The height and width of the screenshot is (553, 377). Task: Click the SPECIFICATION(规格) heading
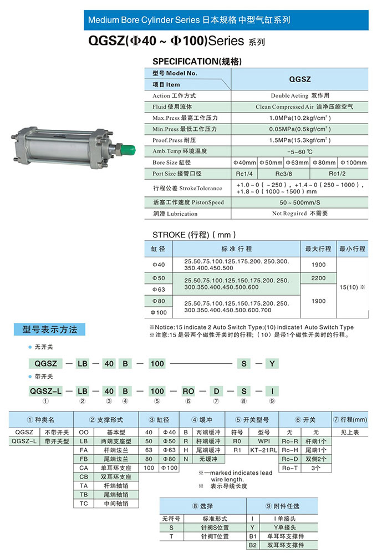click(197, 62)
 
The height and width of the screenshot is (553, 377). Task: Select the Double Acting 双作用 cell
click(300, 95)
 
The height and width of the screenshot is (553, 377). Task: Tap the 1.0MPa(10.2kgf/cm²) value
click(300, 118)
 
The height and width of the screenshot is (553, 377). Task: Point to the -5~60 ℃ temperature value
click(300, 151)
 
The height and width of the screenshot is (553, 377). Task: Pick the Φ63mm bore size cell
click(298, 163)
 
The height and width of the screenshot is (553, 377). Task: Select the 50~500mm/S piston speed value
click(300, 202)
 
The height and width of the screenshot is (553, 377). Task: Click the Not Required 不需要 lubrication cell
click(300, 214)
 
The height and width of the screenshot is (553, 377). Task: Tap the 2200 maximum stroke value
click(318, 278)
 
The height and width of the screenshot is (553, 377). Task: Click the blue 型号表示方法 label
click(50, 329)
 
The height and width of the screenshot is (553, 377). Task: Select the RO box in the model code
click(188, 392)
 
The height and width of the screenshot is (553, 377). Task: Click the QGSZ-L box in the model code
click(46, 392)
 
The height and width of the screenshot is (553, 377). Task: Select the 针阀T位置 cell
click(215, 536)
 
